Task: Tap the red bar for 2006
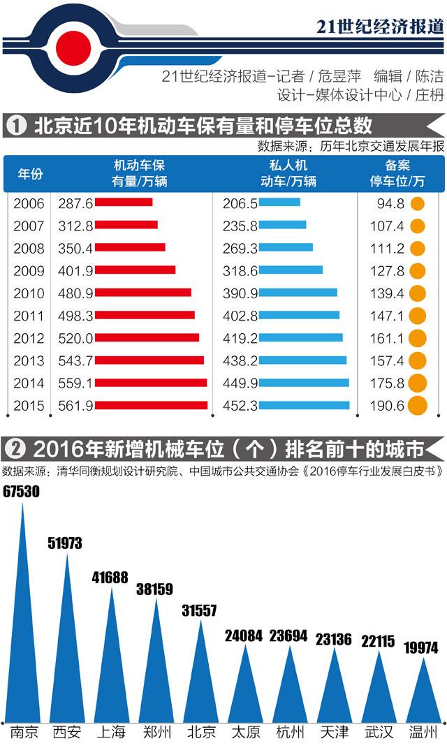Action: click(x=123, y=203)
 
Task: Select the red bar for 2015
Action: click(x=151, y=405)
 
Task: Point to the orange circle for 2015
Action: click(x=417, y=405)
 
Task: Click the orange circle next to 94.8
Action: click(x=417, y=203)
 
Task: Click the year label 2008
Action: click(x=29, y=248)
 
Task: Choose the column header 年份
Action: click(x=29, y=174)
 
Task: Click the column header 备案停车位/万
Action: click(x=397, y=174)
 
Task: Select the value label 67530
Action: click(x=21, y=492)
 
